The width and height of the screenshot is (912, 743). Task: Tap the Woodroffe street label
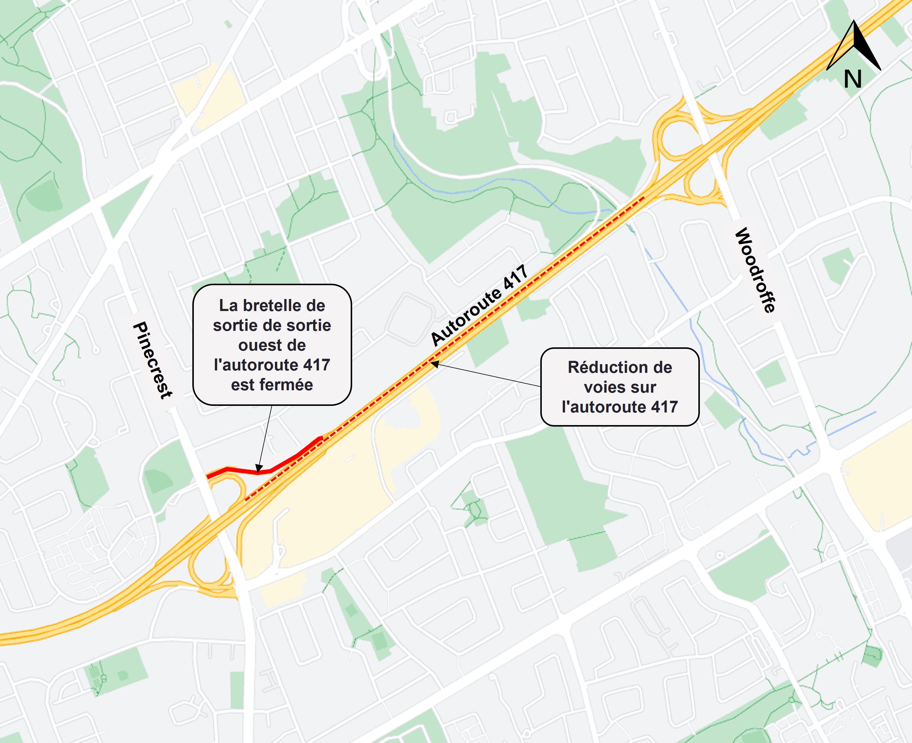click(x=755, y=270)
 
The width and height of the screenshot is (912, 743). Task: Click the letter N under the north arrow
click(x=853, y=80)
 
